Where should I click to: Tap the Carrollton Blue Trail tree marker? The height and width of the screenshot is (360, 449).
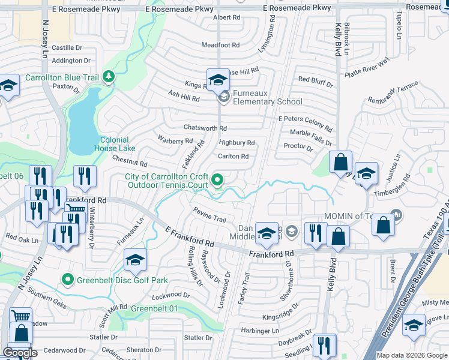(x=108, y=76)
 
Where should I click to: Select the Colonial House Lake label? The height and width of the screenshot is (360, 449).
(x=114, y=144)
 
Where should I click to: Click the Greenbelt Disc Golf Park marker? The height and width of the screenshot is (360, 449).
(x=68, y=280)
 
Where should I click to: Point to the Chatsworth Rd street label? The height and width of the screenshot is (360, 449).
(x=205, y=128)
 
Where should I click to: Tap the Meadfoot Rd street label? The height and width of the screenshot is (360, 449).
(x=220, y=45)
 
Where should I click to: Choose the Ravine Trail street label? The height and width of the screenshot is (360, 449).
(x=209, y=214)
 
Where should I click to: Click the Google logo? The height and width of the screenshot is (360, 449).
(x=20, y=353)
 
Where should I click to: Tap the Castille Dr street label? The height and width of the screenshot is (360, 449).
(x=67, y=47)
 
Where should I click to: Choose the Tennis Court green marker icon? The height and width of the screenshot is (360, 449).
(x=218, y=179)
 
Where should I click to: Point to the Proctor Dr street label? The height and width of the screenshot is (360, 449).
(x=298, y=147)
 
